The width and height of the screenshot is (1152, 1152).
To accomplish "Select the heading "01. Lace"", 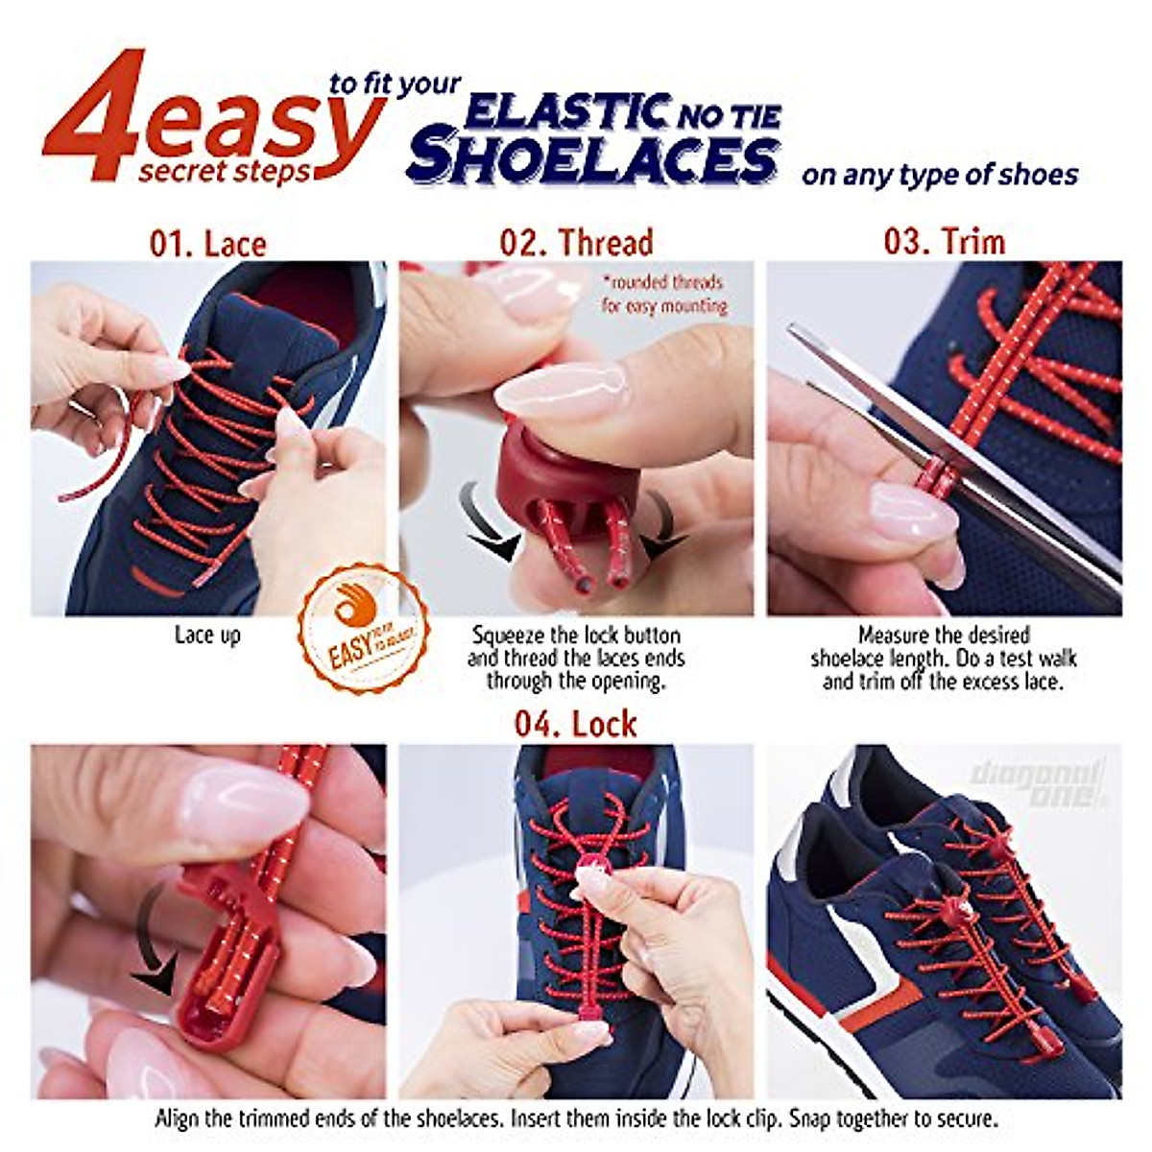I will click(x=207, y=242).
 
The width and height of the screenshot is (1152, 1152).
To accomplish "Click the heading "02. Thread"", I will click(x=576, y=242).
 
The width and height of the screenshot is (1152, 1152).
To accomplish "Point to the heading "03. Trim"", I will click(x=945, y=240).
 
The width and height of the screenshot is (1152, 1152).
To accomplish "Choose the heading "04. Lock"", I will click(x=576, y=723).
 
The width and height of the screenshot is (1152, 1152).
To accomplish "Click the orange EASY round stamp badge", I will click(x=364, y=632).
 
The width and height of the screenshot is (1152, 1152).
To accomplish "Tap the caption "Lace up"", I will click(x=207, y=635).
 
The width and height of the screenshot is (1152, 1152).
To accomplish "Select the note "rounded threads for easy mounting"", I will click(x=663, y=295).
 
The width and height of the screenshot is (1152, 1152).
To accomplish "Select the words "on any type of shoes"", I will click(x=940, y=176).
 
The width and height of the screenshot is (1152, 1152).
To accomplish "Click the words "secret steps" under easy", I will click(x=225, y=172).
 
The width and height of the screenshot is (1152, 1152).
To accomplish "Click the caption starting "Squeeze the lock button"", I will click(x=576, y=658).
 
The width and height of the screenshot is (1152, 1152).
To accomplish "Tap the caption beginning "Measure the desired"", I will click(x=944, y=658).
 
